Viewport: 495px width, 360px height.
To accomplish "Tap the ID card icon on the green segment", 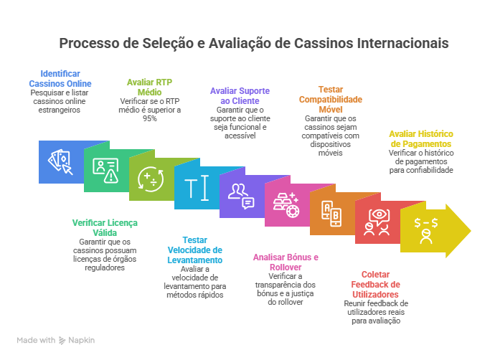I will [105, 170].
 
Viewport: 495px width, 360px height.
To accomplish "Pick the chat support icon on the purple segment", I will [241, 195].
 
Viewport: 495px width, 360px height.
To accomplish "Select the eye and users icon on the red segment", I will [376, 222].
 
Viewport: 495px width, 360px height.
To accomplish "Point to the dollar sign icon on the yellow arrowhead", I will [425, 229].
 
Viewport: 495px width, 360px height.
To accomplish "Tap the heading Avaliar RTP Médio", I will [149, 87].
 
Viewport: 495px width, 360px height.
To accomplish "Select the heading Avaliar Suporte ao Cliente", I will [240, 95].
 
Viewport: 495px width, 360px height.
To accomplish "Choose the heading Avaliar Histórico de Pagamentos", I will [421, 138].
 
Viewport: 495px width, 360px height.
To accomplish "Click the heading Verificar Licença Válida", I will [105, 227].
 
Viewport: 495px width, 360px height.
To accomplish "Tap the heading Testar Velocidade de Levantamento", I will [195, 250].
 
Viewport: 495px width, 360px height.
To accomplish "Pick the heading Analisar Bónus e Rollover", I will [286, 262].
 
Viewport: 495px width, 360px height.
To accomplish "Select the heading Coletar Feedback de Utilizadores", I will [375, 284].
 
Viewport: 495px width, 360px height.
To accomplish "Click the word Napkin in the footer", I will [82, 340].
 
